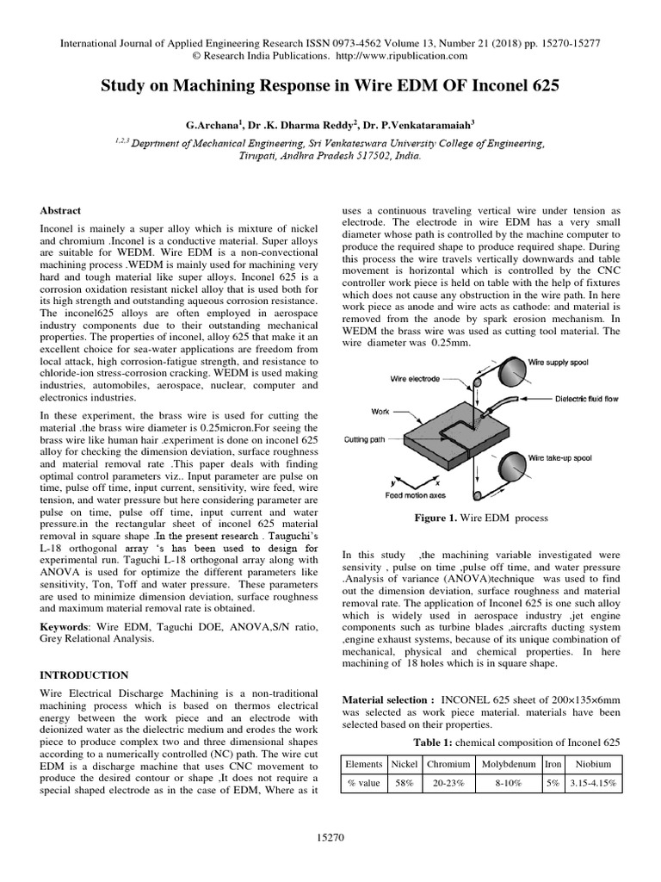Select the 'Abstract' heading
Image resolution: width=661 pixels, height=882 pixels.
pos(61,210)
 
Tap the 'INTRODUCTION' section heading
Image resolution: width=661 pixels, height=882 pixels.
pos(85,674)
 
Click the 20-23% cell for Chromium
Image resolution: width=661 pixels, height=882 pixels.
pos(448,784)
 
